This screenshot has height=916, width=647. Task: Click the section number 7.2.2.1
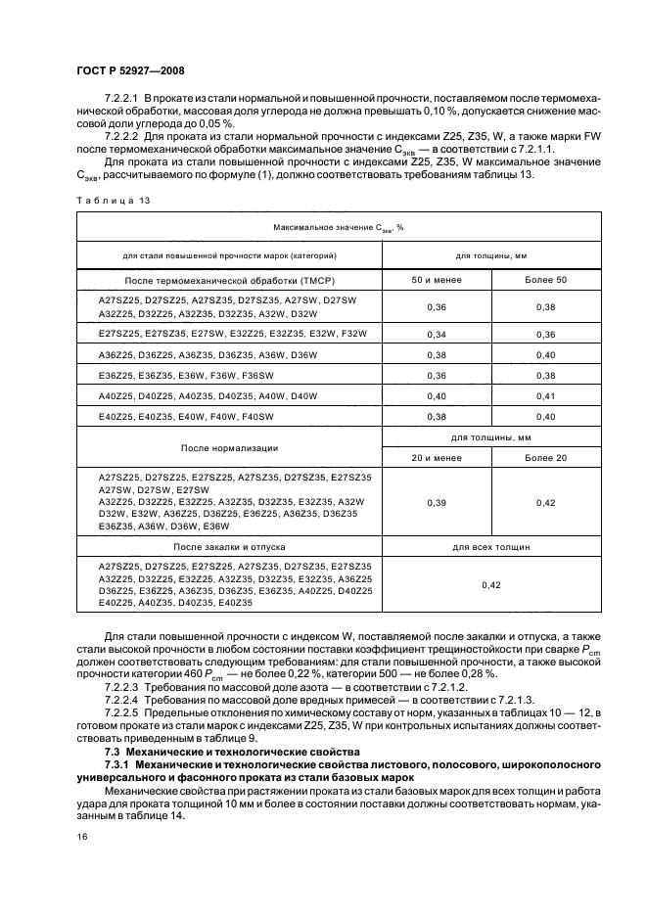click(124, 101)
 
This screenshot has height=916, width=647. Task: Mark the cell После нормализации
click(230, 447)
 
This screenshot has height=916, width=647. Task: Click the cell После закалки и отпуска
click(230, 547)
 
